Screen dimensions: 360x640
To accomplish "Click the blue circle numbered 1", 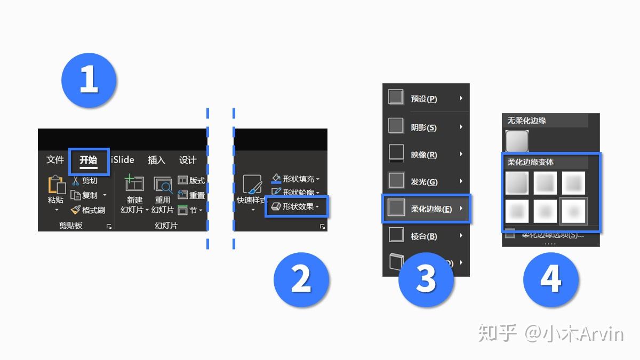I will (89, 81).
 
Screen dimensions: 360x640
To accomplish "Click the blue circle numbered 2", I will (301, 279).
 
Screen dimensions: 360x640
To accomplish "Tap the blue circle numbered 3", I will (426, 279).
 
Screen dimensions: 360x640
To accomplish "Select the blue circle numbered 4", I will (550, 279).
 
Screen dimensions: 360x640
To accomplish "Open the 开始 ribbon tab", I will (89, 160).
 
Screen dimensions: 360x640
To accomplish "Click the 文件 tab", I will (55, 160).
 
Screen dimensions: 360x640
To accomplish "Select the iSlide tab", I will (123, 160).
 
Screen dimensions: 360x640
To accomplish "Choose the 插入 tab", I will (156, 160).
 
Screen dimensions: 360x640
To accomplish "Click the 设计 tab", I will (188, 160).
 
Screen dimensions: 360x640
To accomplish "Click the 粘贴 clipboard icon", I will (56, 187).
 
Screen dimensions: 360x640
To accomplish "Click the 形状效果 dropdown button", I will (297, 206).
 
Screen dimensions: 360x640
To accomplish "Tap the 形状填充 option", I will (297, 179).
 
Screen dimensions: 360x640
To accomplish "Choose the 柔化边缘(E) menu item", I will (427, 209).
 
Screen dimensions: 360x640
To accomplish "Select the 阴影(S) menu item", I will (423, 127).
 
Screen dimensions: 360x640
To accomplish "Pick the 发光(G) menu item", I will (423, 182).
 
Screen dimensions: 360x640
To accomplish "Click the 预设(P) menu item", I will (423, 99).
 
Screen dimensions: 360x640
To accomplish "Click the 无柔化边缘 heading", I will (527, 121).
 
